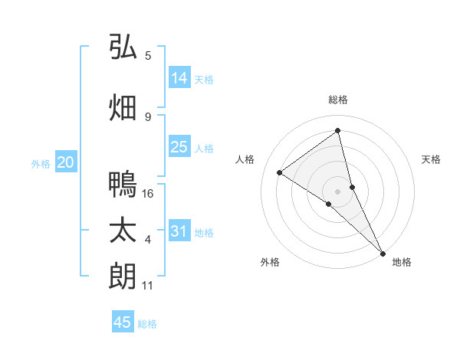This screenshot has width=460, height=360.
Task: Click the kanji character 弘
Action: [123, 47]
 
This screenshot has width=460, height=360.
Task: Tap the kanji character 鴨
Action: [123, 185]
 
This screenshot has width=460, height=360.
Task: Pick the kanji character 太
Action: [123, 231]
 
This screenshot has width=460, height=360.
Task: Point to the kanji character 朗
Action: [123, 277]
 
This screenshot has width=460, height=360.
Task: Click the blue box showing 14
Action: [179, 78]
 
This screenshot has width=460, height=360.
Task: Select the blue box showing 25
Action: [179, 147]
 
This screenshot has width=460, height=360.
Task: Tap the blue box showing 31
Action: [179, 231]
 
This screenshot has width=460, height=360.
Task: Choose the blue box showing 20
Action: [66, 162]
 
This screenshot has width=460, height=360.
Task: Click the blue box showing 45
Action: [123, 322]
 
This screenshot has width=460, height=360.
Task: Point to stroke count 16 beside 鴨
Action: [149, 194]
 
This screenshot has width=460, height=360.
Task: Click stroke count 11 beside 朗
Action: [148, 286]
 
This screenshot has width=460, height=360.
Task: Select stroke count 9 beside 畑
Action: [148, 116]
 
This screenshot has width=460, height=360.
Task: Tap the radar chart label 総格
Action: [338, 100]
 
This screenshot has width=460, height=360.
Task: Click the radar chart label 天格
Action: [432, 159]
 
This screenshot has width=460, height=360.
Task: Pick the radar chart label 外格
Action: [270, 262]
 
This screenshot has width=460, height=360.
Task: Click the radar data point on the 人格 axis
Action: [280, 172]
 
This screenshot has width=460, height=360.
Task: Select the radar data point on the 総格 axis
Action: [338, 131]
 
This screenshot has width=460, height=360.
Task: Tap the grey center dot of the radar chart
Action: [338, 191]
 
